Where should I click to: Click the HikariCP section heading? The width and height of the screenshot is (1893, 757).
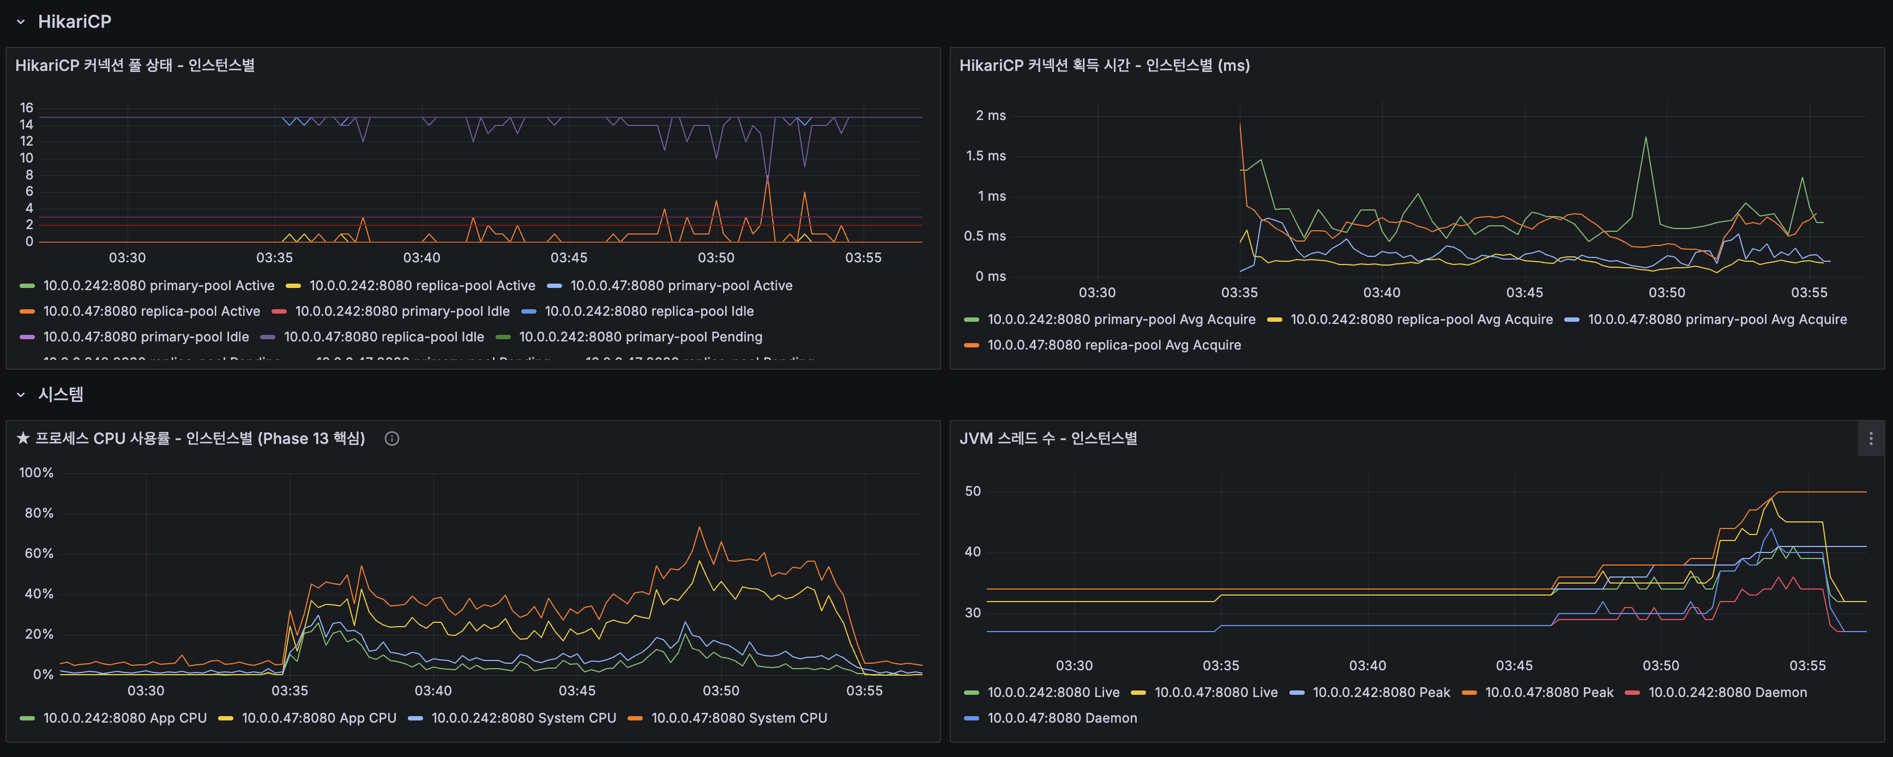(74, 22)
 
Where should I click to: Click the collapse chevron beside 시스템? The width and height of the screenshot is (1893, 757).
(21, 395)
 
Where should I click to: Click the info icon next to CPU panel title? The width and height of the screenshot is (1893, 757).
(391, 439)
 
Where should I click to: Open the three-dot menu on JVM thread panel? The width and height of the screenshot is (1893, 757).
(1870, 439)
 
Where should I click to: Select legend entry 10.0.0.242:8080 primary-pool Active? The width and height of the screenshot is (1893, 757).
(158, 286)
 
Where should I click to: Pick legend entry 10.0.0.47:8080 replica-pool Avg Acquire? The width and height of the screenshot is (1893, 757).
(1113, 345)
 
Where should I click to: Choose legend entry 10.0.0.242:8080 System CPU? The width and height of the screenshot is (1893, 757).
(523, 718)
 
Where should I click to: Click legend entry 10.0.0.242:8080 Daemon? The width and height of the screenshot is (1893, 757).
(1727, 692)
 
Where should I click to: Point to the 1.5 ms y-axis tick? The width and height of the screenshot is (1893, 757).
(985, 156)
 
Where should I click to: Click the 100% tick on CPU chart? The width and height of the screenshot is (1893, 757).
(36, 472)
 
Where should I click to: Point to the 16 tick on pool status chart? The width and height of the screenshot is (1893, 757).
(27, 108)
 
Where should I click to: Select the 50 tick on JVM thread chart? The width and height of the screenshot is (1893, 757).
(972, 491)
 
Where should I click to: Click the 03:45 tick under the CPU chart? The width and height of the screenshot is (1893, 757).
(576, 691)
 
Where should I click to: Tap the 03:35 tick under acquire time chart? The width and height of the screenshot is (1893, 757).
(1239, 292)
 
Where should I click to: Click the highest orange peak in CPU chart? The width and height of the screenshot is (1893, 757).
(699, 528)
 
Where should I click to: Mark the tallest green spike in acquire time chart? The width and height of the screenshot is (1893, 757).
(1645, 137)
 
